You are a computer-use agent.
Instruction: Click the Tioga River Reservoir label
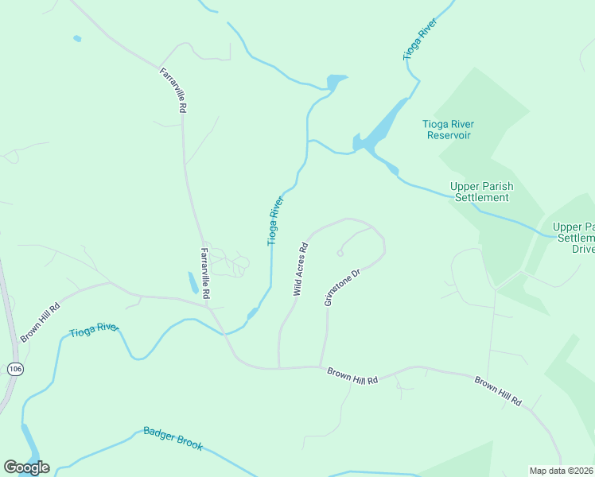[449, 130]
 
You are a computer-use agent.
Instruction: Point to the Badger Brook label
[173, 438]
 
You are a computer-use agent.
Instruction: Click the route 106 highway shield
[14, 369]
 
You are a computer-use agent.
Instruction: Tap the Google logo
[26, 467]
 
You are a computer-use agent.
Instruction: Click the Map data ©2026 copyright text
[561, 471]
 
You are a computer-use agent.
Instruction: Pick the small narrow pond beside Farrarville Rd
[193, 283]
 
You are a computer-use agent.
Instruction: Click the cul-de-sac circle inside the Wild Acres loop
[340, 254]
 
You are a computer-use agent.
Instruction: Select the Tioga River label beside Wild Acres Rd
[275, 220]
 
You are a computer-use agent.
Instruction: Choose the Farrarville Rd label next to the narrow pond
[205, 273]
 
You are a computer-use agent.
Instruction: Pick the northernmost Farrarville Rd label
[173, 89]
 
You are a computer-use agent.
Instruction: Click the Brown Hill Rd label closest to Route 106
[40, 322]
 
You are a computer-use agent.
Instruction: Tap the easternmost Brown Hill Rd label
[498, 392]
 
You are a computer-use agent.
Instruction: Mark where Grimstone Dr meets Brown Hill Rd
[321, 366]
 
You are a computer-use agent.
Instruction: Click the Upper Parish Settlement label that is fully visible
[481, 192]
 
